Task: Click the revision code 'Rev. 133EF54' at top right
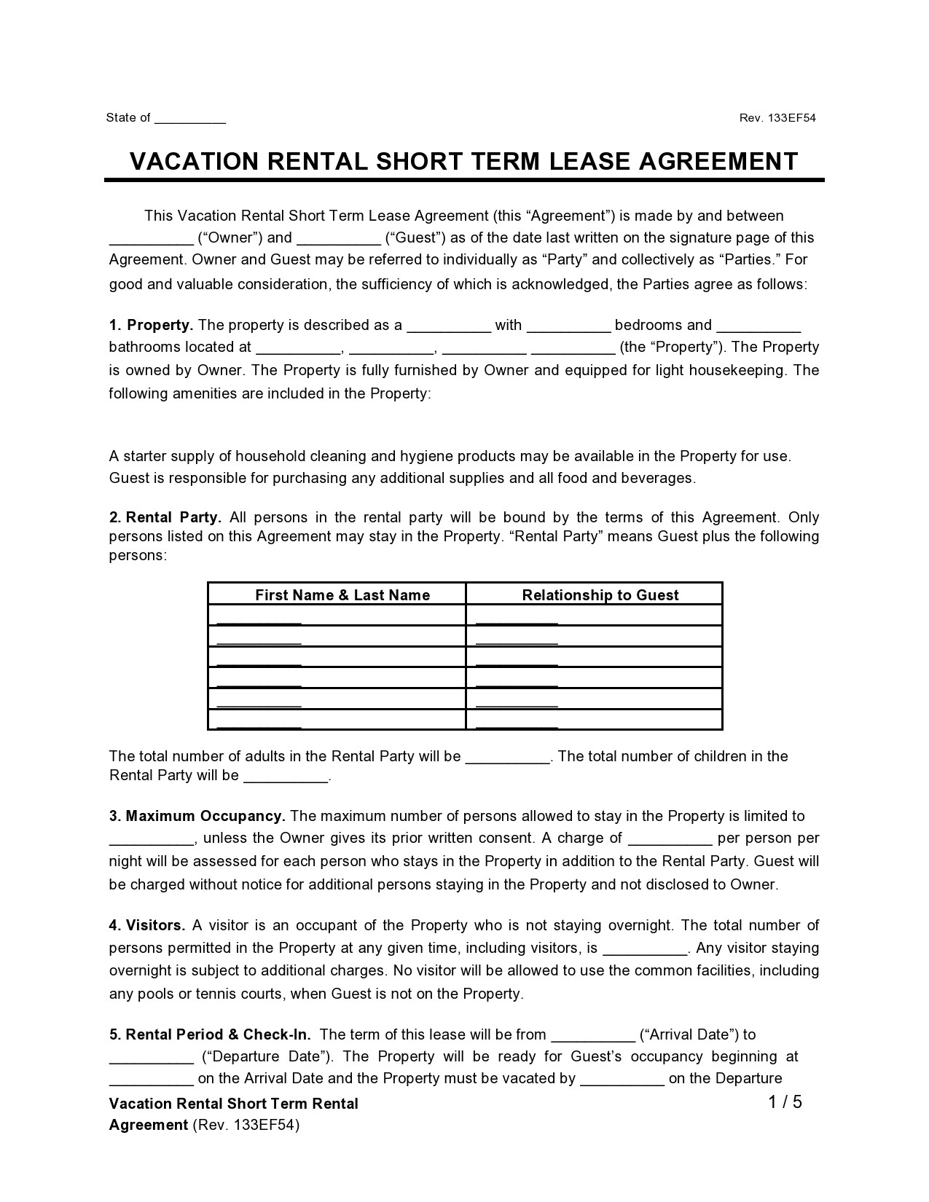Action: [x=777, y=118]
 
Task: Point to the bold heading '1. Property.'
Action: [x=151, y=325]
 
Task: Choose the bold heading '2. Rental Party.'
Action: [x=165, y=517]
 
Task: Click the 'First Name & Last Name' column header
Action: [x=342, y=595]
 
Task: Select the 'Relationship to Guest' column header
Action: [x=600, y=595]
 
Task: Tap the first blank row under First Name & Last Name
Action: [x=259, y=620]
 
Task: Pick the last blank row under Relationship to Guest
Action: [x=517, y=723]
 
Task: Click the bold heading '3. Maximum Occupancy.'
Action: [x=197, y=816]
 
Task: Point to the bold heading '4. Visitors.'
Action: [x=147, y=925]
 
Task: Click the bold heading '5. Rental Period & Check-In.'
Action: [x=210, y=1034]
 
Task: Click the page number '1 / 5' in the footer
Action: [x=785, y=1101]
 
